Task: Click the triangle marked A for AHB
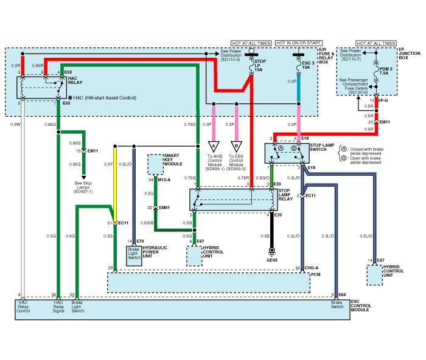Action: click(x=214, y=146)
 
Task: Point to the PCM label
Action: click(x=315, y=274)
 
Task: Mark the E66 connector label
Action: click(x=342, y=294)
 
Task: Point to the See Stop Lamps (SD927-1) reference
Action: click(x=83, y=186)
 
